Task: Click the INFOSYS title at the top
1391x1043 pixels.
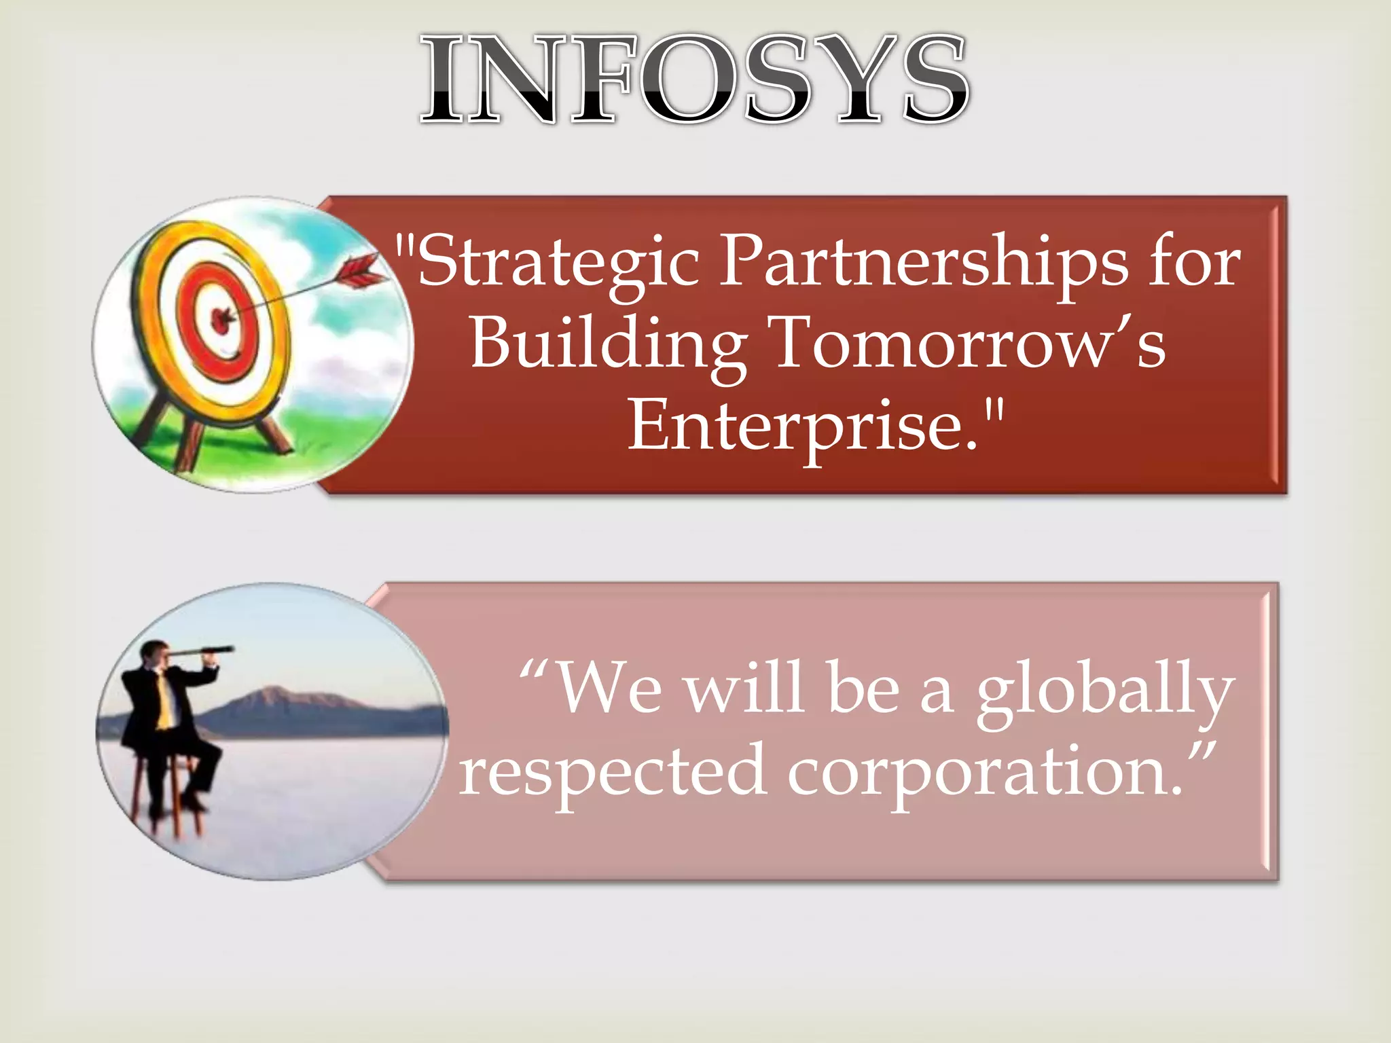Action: point(694,80)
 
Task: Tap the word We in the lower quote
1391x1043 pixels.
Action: point(609,689)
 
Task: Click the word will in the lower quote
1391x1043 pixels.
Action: point(744,689)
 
